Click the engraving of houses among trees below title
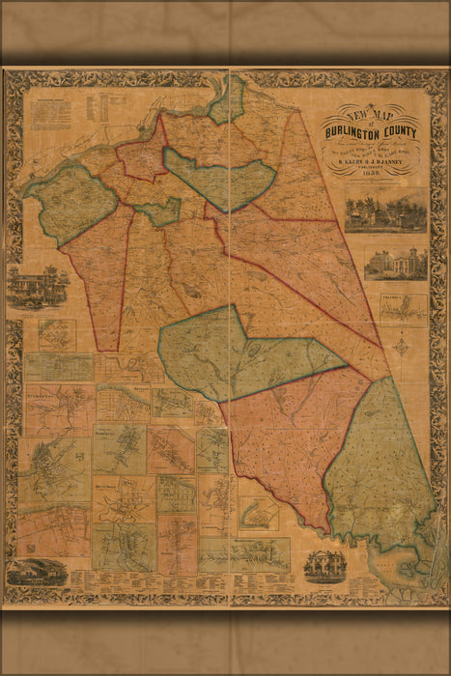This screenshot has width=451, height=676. pos(385,211)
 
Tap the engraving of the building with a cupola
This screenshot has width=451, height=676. pos(395,264)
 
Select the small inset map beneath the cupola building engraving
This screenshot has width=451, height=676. pos(403,307)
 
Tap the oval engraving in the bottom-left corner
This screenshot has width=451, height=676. pos(38,572)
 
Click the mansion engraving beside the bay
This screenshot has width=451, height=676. pos(325,565)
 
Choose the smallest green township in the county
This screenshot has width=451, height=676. pos(159,211)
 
